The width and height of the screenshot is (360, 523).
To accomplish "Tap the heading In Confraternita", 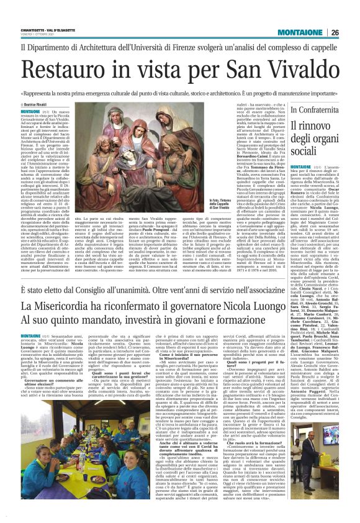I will tap(314, 110).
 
